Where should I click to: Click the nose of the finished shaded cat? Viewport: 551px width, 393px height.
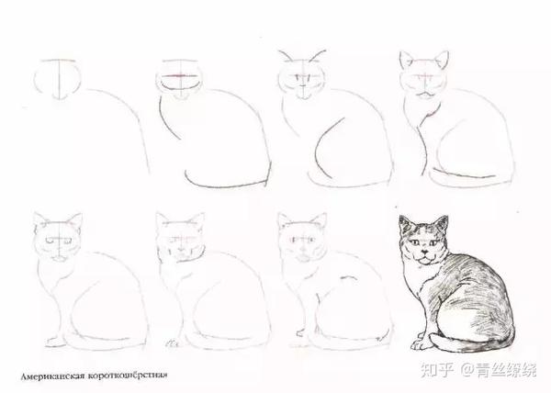(x=425, y=252)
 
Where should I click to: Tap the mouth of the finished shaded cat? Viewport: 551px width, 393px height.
(x=425, y=259)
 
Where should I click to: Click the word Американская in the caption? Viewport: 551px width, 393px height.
(x=52, y=376)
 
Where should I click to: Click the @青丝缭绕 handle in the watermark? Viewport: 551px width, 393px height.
(x=499, y=369)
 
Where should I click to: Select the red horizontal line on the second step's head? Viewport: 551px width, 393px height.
(x=180, y=75)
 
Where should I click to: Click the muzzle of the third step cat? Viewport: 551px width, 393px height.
(x=303, y=91)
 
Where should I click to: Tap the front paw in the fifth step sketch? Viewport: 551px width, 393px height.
(x=55, y=342)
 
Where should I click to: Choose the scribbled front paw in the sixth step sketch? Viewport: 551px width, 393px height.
(x=171, y=342)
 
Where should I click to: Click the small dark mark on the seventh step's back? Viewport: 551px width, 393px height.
(x=348, y=278)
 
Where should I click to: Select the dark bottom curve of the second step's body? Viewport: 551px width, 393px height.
(x=225, y=184)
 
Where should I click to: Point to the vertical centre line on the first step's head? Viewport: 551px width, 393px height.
(x=60, y=79)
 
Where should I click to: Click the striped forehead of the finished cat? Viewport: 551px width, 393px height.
(x=423, y=230)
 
